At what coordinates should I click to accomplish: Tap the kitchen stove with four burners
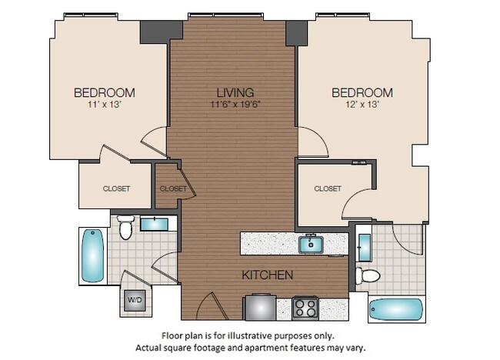[306, 309]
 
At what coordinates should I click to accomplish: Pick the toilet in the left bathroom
[126, 227]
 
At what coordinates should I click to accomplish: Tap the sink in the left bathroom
[156, 224]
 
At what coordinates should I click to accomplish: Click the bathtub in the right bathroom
[395, 310]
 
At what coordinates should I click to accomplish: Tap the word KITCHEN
[268, 275]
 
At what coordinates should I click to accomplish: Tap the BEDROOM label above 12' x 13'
[362, 93]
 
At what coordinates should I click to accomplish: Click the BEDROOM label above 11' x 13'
[104, 93]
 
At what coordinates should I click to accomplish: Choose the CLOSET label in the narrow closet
[172, 188]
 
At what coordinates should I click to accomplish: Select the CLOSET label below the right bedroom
[328, 188]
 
